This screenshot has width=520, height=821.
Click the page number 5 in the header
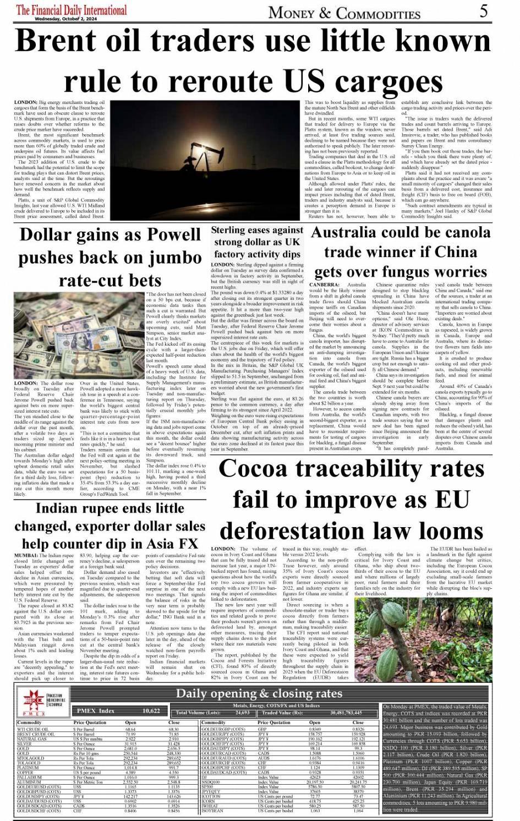(483, 11)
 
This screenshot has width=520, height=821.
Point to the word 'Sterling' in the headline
(234, 230)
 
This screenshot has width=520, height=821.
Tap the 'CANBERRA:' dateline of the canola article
(325, 284)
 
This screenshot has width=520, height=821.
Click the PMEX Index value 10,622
(151, 711)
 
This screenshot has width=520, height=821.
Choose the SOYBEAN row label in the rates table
(213, 811)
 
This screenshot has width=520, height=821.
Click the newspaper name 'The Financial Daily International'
(71, 9)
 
